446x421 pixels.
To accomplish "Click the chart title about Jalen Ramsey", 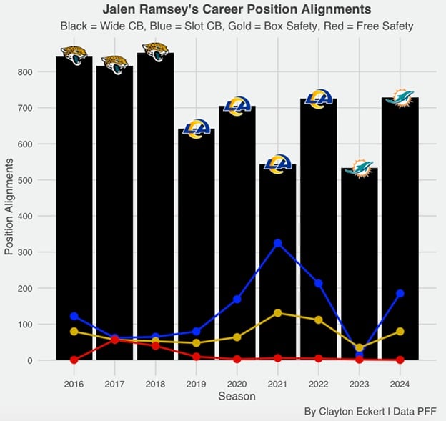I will [x=237, y=9].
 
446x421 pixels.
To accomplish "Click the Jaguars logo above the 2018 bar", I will [x=156, y=51].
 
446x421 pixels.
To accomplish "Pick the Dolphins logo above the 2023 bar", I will [x=359, y=169].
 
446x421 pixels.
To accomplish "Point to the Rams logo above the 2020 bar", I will [x=237, y=107].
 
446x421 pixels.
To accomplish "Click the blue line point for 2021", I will [x=277, y=243].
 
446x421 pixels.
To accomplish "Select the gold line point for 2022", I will [x=318, y=320].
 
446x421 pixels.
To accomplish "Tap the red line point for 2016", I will [x=74, y=360].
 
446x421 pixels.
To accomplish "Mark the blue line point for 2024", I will [x=400, y=294].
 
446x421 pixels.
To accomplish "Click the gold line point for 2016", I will [x=74, y=331].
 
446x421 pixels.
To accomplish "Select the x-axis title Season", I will [x=237, y=395].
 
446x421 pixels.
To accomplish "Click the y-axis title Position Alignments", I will [x=10, y=207].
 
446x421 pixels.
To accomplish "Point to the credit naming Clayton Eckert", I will [x=370, y=411].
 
